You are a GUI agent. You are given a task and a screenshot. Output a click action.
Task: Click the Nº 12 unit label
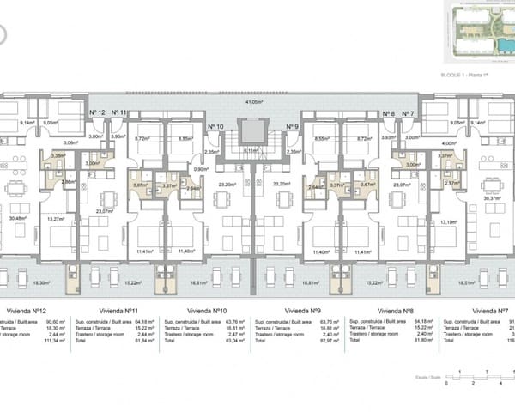tap(97, 113)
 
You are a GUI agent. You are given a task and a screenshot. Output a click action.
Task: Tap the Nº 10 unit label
tap(215, 126)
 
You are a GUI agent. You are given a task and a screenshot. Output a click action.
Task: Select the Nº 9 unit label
tap(292, 126)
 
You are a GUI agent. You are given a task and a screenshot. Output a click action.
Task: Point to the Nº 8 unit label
tap(388, 113)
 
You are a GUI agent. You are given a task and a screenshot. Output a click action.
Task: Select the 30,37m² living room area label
tap(493, 198)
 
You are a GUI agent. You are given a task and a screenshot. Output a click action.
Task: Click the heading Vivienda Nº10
tap(206, 310)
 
